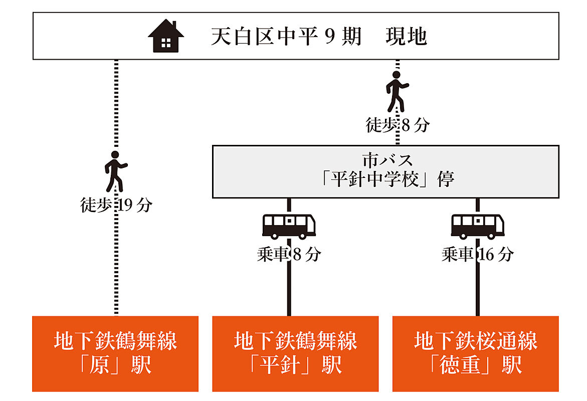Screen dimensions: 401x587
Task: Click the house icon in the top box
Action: point(166,36)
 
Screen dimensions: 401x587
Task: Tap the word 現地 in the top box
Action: point(406,37)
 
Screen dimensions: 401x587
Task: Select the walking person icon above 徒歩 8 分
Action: point(397,91)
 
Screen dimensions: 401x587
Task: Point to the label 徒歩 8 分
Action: point(398,125)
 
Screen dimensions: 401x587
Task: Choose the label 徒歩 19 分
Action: point(116,205)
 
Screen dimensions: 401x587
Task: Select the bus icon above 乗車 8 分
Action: point(289,226)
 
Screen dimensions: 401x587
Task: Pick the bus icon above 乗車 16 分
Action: point(477,226)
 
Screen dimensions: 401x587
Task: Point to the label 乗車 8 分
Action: point(289,255)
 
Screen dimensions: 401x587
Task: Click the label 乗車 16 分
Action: point(477,255)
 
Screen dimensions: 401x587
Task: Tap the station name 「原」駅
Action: point(115,365)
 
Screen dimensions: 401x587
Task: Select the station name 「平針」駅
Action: point(295,365)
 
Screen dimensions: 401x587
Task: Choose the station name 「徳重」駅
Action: point(476,365)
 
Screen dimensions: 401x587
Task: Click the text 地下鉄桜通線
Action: point(476,341)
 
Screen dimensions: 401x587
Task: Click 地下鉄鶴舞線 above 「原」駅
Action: point(115,341)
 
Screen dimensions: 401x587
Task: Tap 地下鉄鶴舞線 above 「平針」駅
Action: point(295,341)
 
